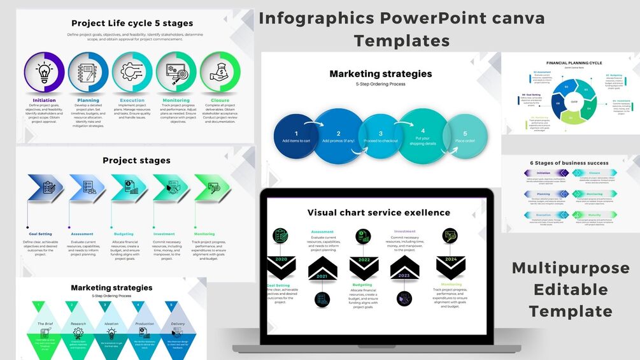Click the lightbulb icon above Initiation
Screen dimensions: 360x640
pyautogui.click(x=44, y=72)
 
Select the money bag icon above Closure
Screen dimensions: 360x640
pyautogui.click(x=220, y=72)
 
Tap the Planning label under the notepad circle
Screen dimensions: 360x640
pyautogui.click(x=88, y=100)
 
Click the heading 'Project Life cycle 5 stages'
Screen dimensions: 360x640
pyautogui.click(x=132, y=24)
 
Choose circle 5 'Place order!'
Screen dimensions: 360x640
pyautogui.click(x=466, y=136)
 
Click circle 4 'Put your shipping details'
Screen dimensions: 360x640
pyautogui.click(x=423, y=136)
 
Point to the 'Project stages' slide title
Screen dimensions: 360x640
pyautogui.click(x=136, y=161)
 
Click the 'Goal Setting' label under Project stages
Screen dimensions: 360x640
pyautogui.click(x=40, y=234)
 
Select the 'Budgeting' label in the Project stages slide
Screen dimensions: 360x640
pyautogui.click(x=124, y=234)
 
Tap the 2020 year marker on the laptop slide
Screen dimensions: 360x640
pyautogui.click(x=281, y=260)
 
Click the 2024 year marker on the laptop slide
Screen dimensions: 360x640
pyautogui.click(x=450, y=260)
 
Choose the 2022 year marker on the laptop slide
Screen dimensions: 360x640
pyautogui.click(x=364, y=260)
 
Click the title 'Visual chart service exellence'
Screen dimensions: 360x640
pyautogui.click(x=378, y=213)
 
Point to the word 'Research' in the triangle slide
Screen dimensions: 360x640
pyautogui.click(x=78, y=324)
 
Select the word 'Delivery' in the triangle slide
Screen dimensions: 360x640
pyautogui.click(x=178, y=324)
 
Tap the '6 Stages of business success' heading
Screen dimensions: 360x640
pyautogui.click(x=569, y=163)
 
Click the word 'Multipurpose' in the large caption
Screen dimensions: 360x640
pyautogui.click(x=570, y=268)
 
